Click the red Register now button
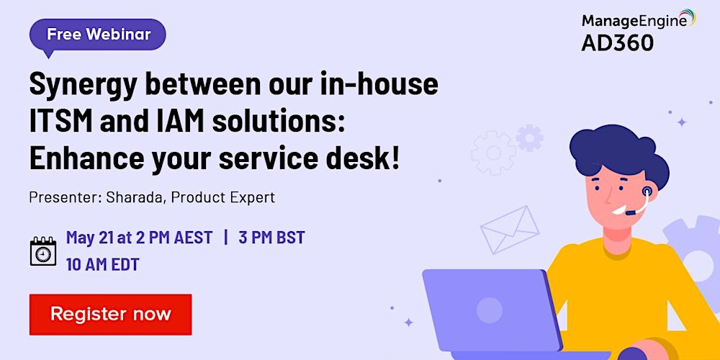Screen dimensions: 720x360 [x=111, y=315]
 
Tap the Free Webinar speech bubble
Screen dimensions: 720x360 [x=97, y=35]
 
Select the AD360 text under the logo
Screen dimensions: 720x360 [x=617, y=43]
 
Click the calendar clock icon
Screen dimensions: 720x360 [x=43, y=251]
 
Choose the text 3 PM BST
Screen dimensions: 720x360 [x=271, y=238]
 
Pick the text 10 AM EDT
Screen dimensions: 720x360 [x=102, y=264]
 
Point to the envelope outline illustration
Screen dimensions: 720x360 [x=510, y=230]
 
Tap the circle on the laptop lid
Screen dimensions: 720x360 [x=489, y=310]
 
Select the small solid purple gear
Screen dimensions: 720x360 [x=529, y=138]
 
